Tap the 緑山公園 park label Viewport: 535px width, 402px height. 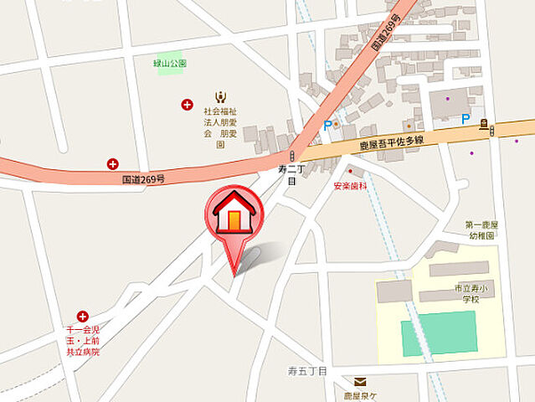170,64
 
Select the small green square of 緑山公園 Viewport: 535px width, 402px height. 170,85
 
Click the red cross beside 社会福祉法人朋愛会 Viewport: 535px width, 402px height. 187,105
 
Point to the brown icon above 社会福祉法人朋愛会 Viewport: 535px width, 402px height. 220,97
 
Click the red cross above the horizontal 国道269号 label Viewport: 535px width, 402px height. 112,164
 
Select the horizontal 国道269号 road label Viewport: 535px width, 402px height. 143,179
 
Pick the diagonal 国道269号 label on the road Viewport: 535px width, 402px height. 387,31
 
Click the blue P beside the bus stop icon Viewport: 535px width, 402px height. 466,120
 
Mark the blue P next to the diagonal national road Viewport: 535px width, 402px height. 326,126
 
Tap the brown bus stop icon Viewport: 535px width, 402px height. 484,126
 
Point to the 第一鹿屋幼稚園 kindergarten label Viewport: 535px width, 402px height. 482,230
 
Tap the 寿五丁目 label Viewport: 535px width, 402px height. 306,369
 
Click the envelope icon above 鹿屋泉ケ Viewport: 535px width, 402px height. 358,382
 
